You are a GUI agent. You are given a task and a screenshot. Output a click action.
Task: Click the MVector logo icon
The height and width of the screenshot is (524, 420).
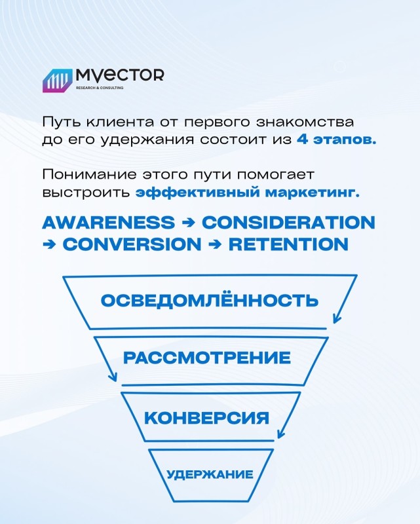pyautogui.click(x=57, y=81)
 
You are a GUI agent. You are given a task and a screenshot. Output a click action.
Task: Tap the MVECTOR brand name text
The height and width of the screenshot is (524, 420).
pyautogui.click(x=120, y=75)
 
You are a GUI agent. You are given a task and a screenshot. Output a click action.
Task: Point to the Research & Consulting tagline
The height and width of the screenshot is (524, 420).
pyautogui.click(x=100, y=88)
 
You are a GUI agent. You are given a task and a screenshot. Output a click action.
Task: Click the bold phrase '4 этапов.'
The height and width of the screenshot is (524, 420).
pyautogui.click(x=336, y=140)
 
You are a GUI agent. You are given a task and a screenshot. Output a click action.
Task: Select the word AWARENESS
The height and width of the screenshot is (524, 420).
pyautogui.click(x=108, y=223)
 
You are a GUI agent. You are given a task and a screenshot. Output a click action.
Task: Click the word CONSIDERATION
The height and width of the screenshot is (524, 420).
pyautogui.click(x=288, y=223)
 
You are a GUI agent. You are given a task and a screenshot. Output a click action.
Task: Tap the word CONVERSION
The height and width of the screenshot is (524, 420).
pyautogui.click(x=132, y=244)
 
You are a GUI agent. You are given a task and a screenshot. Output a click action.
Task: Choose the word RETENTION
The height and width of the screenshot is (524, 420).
pyautogui.click(x=288, y=244)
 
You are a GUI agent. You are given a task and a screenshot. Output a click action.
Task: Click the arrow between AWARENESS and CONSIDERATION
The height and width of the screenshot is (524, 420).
pyautogui.click(x=188, y=223)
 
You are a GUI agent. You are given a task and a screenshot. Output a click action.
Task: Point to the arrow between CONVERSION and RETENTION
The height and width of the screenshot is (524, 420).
pyautogui.click(x=215, y=244)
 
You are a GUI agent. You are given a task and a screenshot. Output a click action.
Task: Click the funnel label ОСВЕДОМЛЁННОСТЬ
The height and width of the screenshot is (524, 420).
pyautogui.click(x=210, y=300)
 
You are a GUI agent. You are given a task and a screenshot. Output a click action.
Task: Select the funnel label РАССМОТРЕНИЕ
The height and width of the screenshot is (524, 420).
pyautogui.click(x=207, y=358)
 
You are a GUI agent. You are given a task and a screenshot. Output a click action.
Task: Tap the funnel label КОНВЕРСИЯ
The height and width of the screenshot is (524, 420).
pyautogui.click(x=206, y=418)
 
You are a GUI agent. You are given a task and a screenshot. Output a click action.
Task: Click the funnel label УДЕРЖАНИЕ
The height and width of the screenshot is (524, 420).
pyautogui.click(x=210, y=474)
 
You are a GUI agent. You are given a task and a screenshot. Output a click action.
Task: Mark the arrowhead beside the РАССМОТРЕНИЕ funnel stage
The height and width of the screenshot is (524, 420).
pyautogui.click(x=113, y=377)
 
